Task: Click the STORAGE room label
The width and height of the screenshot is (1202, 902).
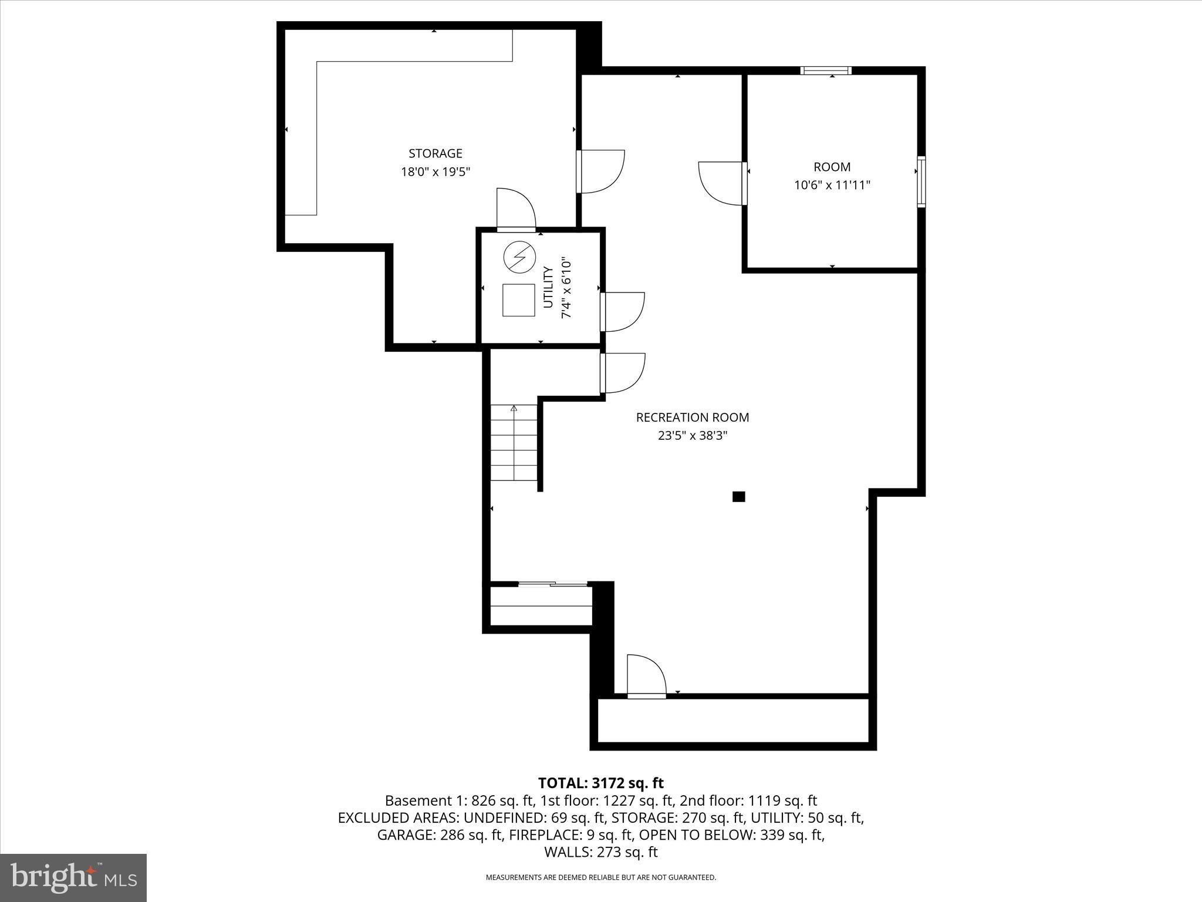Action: (x=435, y=153)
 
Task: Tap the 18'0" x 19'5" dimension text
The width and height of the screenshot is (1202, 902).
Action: (x=435, y=172)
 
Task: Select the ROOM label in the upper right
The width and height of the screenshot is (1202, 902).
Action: (x=832, y=167)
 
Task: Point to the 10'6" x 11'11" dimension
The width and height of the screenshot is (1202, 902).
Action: (x=832, y=186)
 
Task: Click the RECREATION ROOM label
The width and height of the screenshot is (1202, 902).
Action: (x=693, y=418)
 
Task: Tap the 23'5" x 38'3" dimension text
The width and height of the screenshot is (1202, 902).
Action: (x=693, y=436)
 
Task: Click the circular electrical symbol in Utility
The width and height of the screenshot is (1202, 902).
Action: (x=519, y=257)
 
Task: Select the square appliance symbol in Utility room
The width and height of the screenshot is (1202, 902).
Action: (x=519, y=300)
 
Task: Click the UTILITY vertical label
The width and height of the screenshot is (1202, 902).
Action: (x=548, y=287)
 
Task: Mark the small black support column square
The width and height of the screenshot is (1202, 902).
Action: (x=738, y=497)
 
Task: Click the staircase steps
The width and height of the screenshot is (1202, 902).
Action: (x=514, y=443)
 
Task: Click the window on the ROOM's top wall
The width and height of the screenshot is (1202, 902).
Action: (x=826, y=71)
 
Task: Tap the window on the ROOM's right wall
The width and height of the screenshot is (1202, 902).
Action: (x=921, y=181)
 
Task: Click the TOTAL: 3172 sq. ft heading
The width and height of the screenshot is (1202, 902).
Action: (x=600, y=783)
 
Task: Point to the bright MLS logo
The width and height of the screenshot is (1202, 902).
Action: (x=73, y=877)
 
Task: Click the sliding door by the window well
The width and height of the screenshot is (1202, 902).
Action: (x=553, y=584)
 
